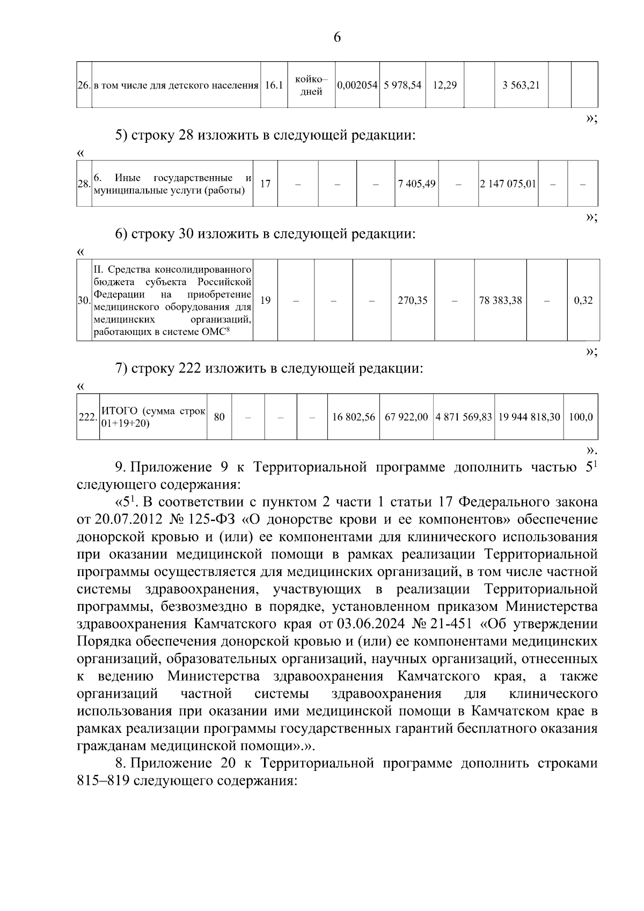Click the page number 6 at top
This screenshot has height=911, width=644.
[337, 37]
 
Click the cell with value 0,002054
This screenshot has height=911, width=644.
[357, 85]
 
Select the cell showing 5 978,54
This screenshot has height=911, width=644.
[402, 85]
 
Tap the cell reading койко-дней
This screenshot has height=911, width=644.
[311, 85]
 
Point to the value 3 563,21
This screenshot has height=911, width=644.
[521, 85]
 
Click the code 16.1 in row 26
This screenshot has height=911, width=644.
[274, 85]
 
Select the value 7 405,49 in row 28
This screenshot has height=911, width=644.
[416, 184]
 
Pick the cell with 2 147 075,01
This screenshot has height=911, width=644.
[508, 184]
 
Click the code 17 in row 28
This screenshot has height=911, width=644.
[265, 184]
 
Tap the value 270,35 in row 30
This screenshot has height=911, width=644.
[412, 301]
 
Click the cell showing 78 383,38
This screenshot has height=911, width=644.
[500, 301]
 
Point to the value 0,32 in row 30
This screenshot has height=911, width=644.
[583, 301]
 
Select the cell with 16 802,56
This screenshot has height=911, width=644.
[353, 417]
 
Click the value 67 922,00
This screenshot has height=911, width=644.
[406, 417]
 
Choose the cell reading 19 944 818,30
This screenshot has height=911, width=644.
[529, 417]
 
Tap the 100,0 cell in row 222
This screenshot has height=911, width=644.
[581, 417]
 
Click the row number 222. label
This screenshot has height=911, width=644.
[87, 417]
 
